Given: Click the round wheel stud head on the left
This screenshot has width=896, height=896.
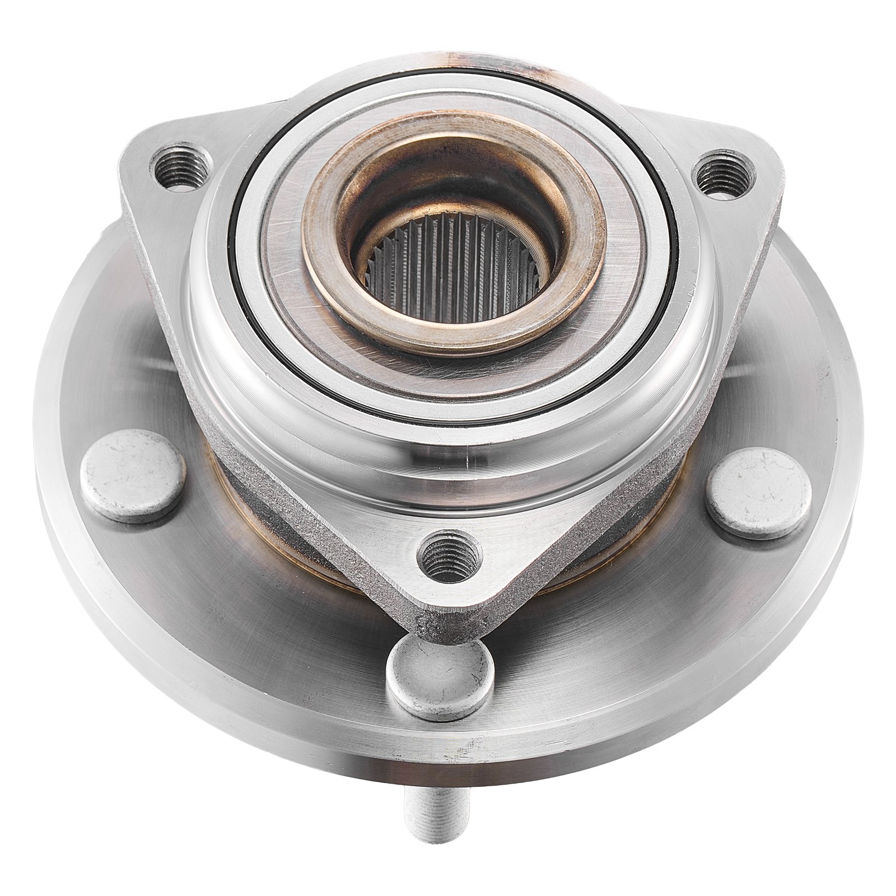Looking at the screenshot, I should pos(133,476).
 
